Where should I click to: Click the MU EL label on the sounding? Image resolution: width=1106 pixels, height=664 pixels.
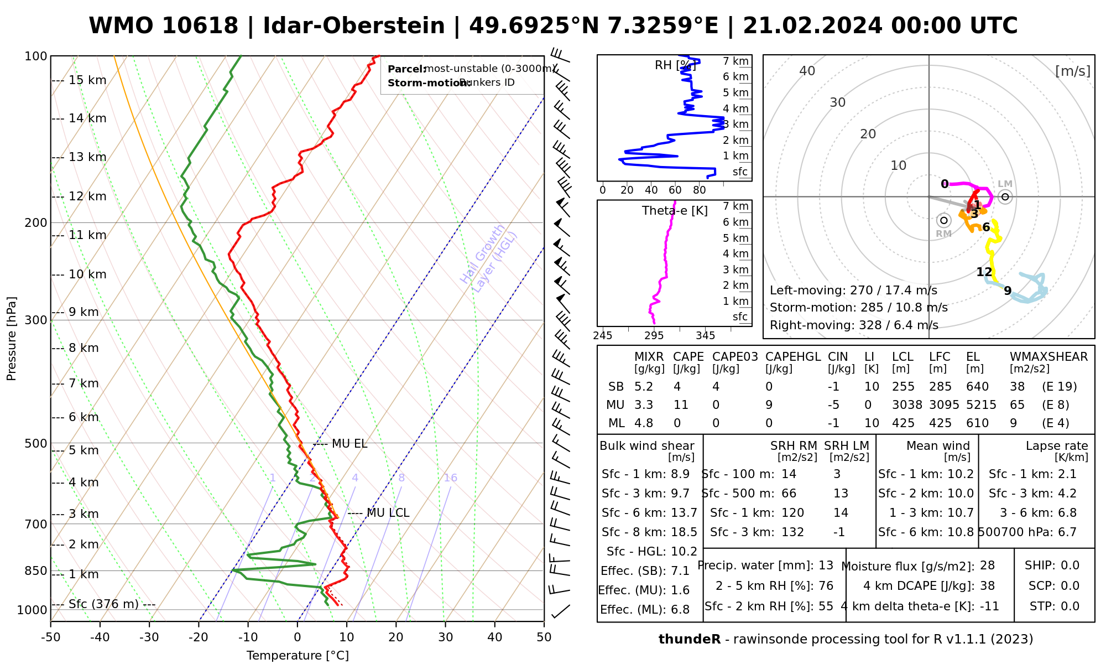349,444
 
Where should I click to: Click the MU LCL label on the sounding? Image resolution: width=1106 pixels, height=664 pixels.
388,513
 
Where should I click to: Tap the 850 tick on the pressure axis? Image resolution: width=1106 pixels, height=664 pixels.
36,570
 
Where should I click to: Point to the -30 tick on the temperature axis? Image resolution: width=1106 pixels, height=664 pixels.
149,637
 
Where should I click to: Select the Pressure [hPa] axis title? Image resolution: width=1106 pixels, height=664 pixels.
12,339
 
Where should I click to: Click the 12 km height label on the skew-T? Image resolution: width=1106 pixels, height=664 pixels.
87,196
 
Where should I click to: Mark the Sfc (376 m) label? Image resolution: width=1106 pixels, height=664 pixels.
103,604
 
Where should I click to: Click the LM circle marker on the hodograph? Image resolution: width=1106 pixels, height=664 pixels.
1005,196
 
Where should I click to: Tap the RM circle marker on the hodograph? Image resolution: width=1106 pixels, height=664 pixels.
944,220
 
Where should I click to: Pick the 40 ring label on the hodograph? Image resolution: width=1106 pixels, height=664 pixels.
807,71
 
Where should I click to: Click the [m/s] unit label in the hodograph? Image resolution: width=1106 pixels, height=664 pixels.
1072,71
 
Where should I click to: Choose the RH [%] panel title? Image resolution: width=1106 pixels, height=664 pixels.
675,65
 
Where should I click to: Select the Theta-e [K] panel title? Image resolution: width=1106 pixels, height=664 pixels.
675,211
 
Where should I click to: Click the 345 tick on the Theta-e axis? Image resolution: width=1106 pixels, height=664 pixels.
705,335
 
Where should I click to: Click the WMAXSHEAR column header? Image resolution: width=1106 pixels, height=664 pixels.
1048,357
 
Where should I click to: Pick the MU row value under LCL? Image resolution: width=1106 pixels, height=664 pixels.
907,405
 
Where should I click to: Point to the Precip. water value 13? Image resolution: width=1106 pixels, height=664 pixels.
826,566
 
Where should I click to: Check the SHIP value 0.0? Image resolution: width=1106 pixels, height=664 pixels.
1070,566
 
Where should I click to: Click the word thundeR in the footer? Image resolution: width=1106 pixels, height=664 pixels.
690,640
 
